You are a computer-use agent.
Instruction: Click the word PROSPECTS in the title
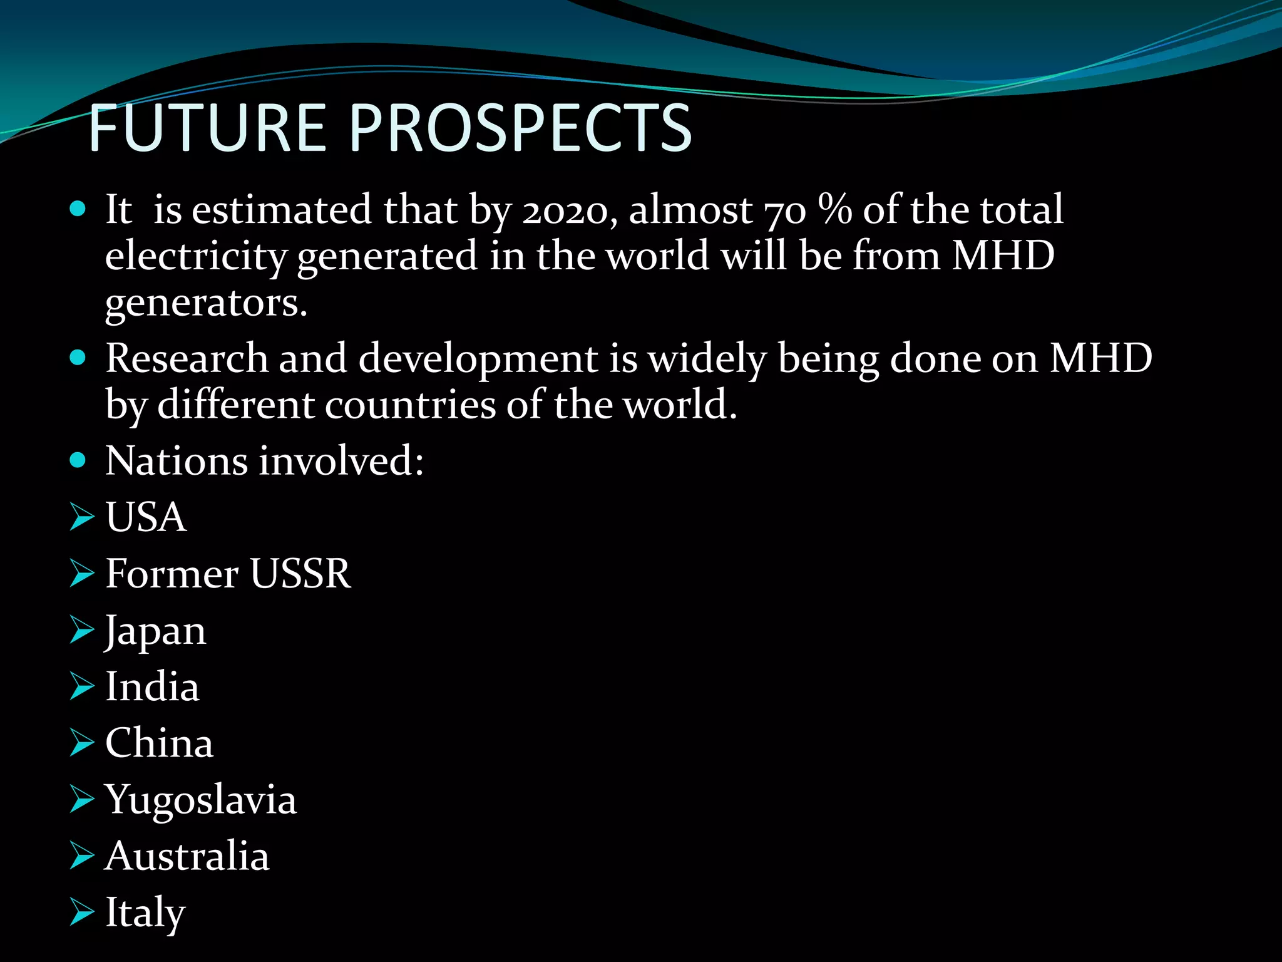(520, 128)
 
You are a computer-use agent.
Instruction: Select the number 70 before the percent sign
(786, 210)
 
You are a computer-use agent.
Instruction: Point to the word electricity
(196, 257)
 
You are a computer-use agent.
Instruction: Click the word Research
(187, 359)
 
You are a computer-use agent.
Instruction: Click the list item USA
(146, 517)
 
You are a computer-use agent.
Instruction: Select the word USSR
(300, 574)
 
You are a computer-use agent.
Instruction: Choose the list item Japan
(155, 631)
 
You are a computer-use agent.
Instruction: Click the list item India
(152, 687)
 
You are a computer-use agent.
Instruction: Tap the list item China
(159, 743)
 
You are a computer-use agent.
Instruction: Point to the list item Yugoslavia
(200, 800)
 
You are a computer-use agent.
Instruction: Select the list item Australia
(187, 856)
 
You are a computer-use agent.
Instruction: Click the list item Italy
(145, 913)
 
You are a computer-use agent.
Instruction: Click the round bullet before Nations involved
(78, 461)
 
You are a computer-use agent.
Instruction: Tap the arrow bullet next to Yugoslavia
(81, 800)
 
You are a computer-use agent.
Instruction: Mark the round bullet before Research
(78, 358)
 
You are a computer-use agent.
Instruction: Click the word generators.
(206, 304)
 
